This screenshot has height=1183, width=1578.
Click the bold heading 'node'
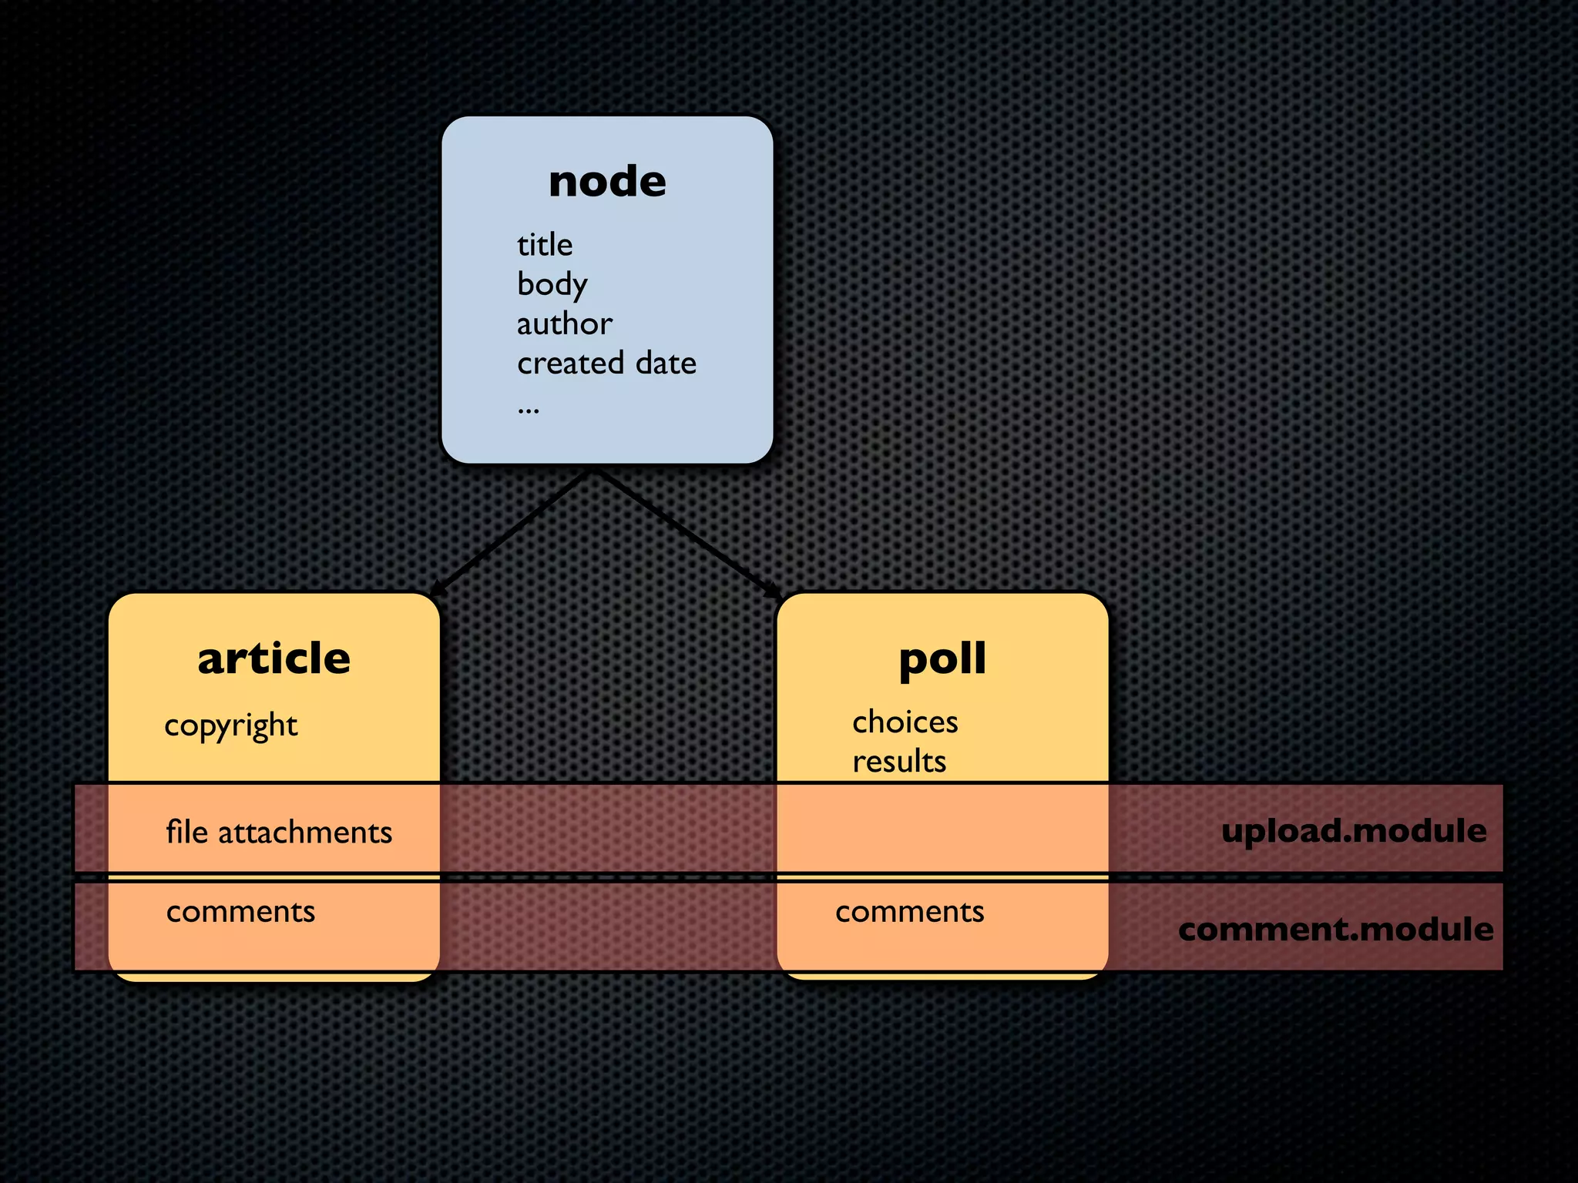click(x=607, y=182)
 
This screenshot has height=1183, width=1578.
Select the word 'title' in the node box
click(x=545, y=245)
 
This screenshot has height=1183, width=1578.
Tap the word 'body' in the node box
click(x=552, y=285)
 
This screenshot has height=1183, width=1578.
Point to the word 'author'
click(x=564, y=323)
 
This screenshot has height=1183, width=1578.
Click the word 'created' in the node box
click(x=570, y=363)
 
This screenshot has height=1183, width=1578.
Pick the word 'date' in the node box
click(x=666, y=363)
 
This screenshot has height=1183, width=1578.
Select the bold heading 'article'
click(x=274, y=659)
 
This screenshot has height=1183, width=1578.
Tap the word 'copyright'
click(x=231, y=726)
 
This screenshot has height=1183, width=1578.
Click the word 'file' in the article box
click(x=186, y=832)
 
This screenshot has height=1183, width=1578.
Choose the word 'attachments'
click(x=305, y=833)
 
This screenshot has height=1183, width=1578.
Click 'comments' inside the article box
click(x=240, y=912)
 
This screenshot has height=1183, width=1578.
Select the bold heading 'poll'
click(x=942, y=659)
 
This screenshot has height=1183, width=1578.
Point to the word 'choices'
click(x=905, y=722)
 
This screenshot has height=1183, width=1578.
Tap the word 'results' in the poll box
click(x=899, y=761)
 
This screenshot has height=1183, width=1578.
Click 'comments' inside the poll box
click(x=909, y=912)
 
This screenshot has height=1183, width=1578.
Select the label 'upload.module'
click(x=1354, y=831)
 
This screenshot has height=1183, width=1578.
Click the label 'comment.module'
click(x=1335, y=929)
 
